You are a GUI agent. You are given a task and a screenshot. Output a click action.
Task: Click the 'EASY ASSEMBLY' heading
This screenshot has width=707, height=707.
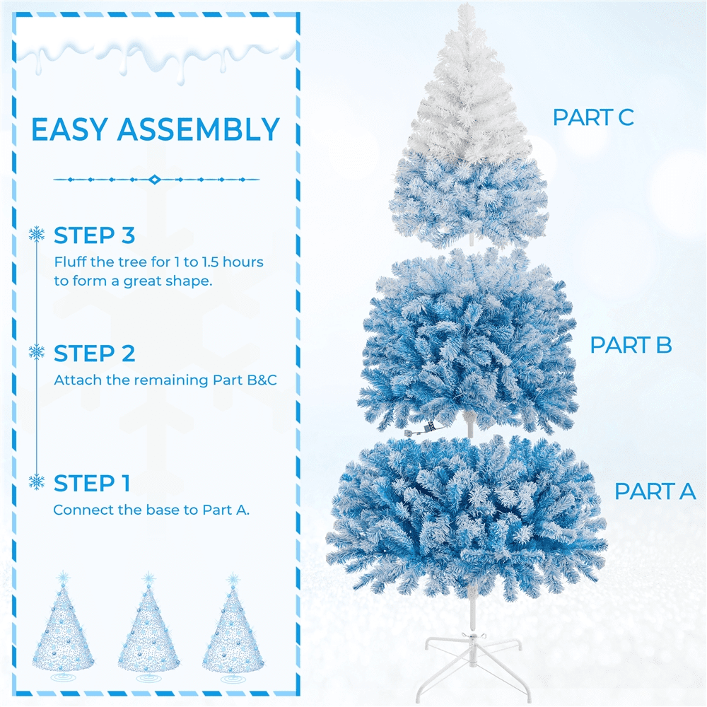[156, 130]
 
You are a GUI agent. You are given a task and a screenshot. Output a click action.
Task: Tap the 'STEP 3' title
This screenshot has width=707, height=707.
[94, 235]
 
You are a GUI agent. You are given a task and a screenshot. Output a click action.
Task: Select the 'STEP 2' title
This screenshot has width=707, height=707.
[94, 353]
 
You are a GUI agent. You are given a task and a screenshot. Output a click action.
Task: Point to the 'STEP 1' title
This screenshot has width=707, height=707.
[92, 484]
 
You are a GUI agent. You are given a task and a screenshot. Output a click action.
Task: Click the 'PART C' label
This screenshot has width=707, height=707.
[593, 117]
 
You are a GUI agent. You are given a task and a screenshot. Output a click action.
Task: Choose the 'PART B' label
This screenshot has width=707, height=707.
[631, 345]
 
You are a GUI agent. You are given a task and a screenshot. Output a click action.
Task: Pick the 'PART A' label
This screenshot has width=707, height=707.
[655, 491]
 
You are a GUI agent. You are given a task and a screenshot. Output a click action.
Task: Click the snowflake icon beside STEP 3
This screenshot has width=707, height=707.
[37, 234]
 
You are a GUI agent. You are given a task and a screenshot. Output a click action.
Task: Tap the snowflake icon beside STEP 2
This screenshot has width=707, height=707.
[37, 351]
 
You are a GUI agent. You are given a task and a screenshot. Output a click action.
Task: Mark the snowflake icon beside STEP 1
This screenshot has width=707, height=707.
[37, 481]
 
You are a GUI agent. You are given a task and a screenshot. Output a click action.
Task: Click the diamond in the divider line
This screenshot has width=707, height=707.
[155, 180]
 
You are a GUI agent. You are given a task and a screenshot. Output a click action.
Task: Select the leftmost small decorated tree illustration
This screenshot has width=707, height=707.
[63, 626]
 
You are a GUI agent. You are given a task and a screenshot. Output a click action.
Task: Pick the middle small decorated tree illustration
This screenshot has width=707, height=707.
[148, 626]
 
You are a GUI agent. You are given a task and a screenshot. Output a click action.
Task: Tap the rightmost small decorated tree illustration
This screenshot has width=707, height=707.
[233, 626]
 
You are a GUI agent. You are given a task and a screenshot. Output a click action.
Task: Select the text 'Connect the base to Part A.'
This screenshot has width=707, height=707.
[151, 510]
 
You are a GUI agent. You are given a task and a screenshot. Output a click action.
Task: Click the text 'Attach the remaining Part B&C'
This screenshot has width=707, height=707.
[165, 380]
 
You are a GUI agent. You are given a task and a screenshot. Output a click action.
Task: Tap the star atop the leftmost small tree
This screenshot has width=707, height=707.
[63, 577]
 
